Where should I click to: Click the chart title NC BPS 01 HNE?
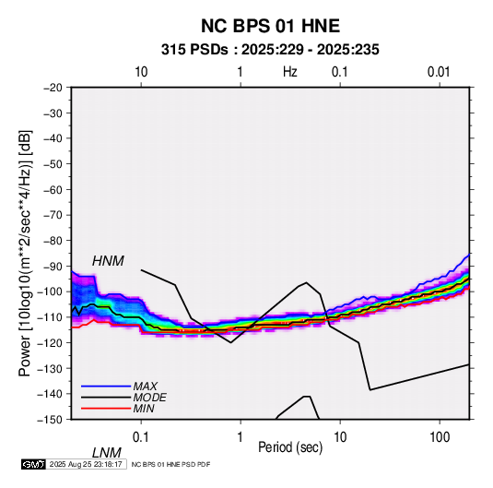(270, 26)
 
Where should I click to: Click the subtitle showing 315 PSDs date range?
(270, 50)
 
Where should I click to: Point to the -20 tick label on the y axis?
(53, 88)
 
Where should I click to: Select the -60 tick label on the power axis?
(53, 189)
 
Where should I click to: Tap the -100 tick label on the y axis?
(51, 292)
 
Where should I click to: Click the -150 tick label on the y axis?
(51, 420)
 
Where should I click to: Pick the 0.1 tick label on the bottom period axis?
(140, 437)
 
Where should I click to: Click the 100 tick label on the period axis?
(440, 437)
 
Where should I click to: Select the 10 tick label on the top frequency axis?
(141, 72)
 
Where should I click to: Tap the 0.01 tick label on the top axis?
(439, 72)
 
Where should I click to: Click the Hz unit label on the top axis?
(290, 72)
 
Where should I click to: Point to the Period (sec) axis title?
(290, 447)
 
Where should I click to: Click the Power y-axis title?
(25, 254)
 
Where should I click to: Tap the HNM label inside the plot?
(108, 261)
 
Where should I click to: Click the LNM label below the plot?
(107, 453)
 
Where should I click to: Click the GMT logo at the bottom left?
(34, 464)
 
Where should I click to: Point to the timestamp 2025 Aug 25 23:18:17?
(86, 464)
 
